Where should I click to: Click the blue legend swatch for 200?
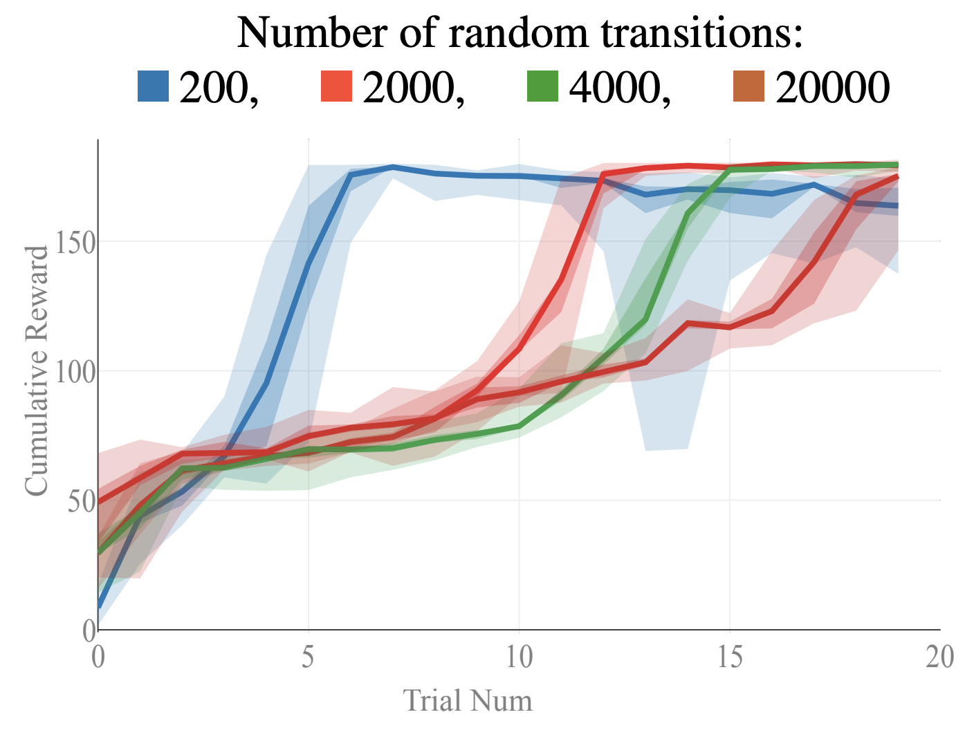[x=153, y=86]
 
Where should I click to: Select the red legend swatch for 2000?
[x=336, y=86]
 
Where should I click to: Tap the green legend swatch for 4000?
[x=542, y=86]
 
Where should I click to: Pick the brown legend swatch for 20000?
[x=748, y=86]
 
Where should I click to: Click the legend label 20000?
[x=832, y=88]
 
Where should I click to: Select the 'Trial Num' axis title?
[x=468, y=701]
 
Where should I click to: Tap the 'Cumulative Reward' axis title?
[x=37, y=371]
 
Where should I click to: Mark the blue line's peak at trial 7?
[x=392, y=167]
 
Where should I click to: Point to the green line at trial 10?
[x=519, y=426]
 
